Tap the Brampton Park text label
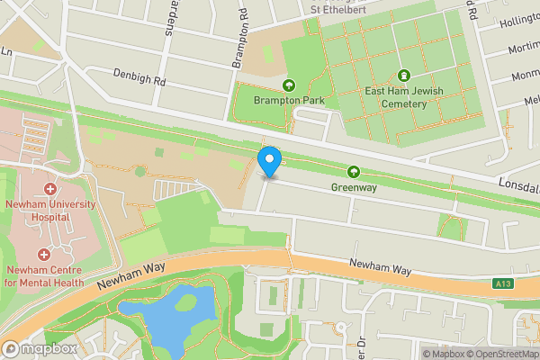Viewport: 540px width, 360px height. (x=289, y=101)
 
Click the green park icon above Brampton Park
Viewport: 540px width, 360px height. (x=289, y=85)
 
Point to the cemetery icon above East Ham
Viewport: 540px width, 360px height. (x=403, y=76)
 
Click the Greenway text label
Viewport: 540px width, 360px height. (x=353, y=188)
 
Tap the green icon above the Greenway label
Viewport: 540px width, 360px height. (x=354, y=172)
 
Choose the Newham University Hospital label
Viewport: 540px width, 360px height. (x=49, y=211)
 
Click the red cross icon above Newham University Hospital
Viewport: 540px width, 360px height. (x=49, y=190)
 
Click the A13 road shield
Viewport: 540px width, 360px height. (x=503, y=284)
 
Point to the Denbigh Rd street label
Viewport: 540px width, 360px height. (x=139, y=76)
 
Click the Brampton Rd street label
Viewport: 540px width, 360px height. (x=239, y=40)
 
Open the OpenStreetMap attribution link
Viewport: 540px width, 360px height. (x=499, y=353)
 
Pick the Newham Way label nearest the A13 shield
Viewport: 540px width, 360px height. (x=381, y=268)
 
